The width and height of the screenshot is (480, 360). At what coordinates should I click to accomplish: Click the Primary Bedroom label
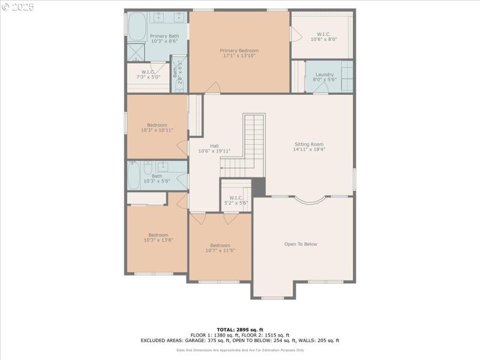[x=239, y=53]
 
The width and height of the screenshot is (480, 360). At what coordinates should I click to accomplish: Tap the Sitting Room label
[x=309, y=147]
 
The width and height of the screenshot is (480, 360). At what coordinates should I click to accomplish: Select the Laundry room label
[x=325, y=77]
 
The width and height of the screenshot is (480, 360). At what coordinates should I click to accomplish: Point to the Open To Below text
[x=301, y=244]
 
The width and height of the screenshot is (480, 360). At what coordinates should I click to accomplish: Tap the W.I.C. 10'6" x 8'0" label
[x=324, y=37]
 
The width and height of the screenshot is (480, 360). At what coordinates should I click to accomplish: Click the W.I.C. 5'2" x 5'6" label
[x=235, y=200]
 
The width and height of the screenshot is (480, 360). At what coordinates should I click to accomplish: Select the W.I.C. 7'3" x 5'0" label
[x=148, y=74]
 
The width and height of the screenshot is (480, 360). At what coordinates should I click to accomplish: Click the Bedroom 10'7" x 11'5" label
[x=220, y=248]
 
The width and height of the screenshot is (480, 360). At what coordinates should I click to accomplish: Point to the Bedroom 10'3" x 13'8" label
[x=158, y=238]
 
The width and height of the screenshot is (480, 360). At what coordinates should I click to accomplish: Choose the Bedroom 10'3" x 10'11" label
[x=157, y=128]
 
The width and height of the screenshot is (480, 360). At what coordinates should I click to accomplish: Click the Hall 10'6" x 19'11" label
[x=214, y=148]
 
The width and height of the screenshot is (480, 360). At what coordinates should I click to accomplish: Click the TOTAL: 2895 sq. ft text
[x=239, y=329]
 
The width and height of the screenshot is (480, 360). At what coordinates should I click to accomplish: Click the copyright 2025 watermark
[x=18, y=7]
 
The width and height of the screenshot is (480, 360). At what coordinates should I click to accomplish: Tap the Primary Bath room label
[x=164, y=38]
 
